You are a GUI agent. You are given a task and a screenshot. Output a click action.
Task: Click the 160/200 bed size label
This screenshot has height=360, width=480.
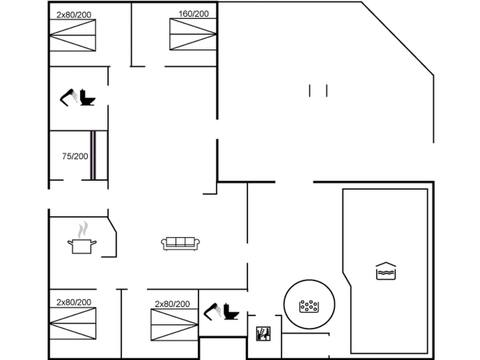[193, 14]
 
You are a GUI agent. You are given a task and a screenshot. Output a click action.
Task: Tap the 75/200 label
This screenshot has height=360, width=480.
[74, 156]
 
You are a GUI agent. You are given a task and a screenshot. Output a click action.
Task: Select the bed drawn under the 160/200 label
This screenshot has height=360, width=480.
[193, 39]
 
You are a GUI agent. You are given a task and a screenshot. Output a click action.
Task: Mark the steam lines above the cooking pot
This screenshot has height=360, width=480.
[84, 228]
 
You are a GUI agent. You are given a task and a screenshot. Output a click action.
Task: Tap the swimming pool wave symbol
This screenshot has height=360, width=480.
[385, 271]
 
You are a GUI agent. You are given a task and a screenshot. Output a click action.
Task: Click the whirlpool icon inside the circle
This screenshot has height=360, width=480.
[308, 305]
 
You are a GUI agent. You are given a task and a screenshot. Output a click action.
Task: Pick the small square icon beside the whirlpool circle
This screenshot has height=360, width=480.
[264, 333]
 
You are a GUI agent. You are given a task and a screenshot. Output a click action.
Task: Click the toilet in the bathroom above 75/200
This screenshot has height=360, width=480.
[87, 99]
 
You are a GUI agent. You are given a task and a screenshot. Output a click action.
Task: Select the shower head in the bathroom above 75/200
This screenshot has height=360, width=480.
[70, 95]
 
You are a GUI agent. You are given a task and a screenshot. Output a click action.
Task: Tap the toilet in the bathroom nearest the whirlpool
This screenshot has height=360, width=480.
[229, 313]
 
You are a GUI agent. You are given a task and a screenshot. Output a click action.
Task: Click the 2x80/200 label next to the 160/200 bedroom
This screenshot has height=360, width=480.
[73, 14]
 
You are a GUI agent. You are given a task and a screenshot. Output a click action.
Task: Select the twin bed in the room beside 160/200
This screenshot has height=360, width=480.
[73, 39]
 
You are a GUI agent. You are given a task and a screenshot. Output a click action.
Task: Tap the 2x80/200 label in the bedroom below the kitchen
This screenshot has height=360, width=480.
[73, 301]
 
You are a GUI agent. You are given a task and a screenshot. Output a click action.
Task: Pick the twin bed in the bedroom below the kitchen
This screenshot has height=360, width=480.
[73, 325]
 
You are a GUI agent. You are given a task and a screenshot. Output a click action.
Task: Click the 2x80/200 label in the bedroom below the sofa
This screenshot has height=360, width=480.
[172, 302]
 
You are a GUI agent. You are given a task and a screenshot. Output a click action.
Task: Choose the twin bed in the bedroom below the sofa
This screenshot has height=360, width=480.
[172, 326]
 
